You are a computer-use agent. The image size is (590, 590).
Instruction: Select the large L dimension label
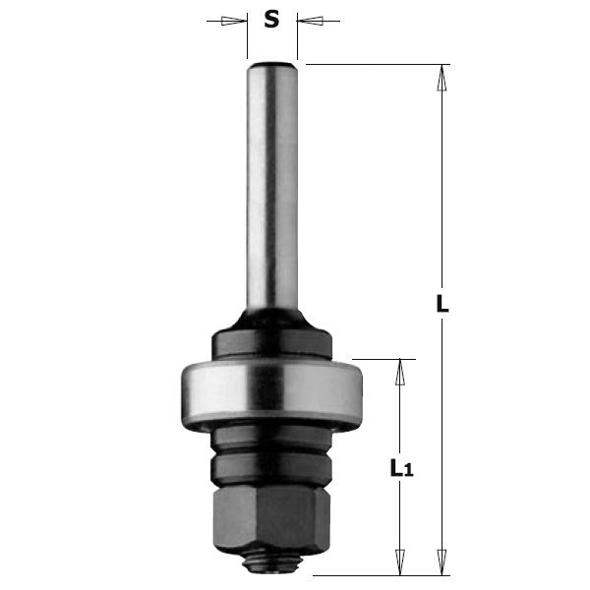pyautogui.click(x=442, y=305)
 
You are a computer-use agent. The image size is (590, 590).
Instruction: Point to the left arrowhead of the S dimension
pyautogui.click(x=235, y=20)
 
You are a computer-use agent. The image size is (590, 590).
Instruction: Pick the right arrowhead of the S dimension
pyautogui.click(x=309, y=20)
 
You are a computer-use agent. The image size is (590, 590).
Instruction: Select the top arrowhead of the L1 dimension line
pyautogui.click(x=399, y=369)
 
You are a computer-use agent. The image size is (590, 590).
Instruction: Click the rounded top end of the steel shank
pyautogui.click(x=272, y=68)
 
